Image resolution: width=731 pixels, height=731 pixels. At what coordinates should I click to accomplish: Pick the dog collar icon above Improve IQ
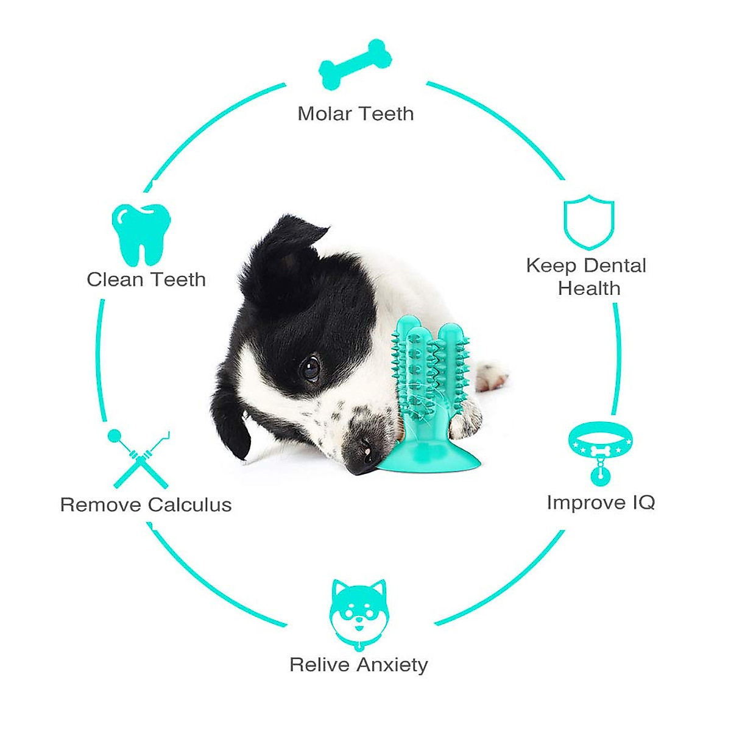[600, 451]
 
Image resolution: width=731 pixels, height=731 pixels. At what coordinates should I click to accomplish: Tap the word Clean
[115, 280]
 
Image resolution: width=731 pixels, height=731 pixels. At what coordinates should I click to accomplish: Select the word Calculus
[190, 505]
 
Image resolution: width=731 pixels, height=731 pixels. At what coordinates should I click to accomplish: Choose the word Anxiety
[393, 665]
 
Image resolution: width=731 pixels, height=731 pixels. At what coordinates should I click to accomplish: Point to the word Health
[589, 288]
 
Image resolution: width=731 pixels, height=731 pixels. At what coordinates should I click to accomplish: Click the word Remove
[101, 505]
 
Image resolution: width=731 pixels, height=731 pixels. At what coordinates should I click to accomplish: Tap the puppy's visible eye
[311, 367]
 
